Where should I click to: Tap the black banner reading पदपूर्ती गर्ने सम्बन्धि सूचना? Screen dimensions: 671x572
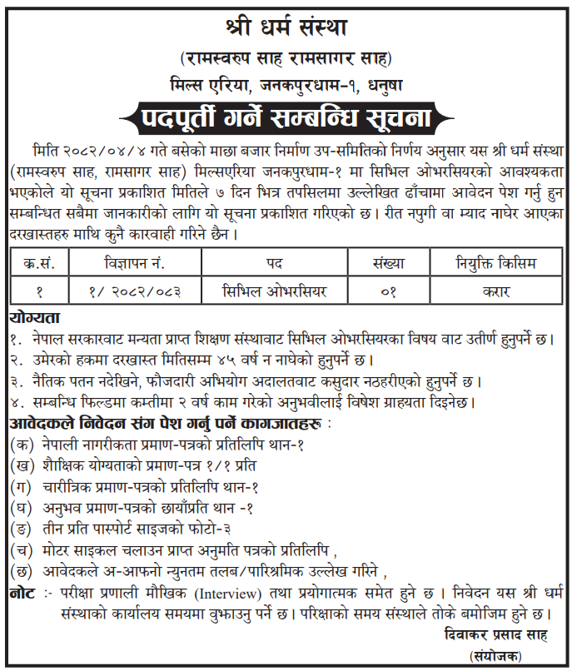[x=286, y=117]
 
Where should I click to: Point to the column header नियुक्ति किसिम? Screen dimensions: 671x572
[x=496, y=264]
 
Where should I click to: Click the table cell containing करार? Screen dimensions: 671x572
[x=496, y=291]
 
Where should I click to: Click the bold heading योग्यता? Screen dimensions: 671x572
[x=35, y=319]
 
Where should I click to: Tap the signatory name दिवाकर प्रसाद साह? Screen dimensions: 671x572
[x=497, y=634]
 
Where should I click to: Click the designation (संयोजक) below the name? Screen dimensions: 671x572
[x=497, y=655]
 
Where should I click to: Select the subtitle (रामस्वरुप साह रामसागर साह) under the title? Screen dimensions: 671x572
[x=286, y=58]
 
